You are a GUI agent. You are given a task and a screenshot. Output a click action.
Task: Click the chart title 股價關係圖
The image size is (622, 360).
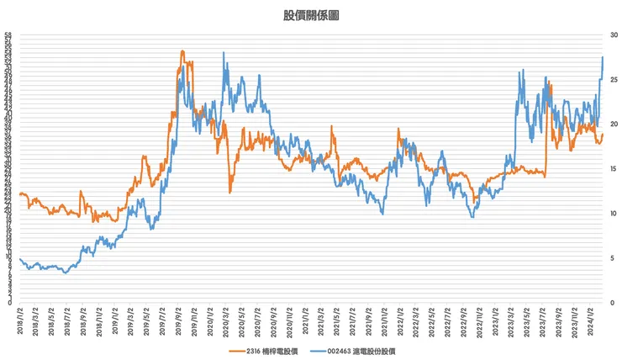pos(311,15)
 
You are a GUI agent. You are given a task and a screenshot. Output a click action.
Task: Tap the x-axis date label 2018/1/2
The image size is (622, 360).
pos(21,321)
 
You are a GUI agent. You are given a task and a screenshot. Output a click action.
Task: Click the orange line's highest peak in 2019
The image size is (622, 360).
pos(182,51)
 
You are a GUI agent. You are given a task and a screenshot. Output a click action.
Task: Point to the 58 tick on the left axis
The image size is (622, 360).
pos(8,35)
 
